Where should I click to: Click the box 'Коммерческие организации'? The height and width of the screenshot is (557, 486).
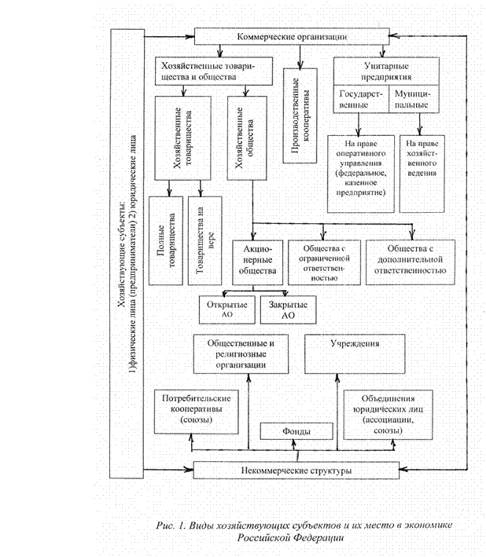click(x=293, y=37)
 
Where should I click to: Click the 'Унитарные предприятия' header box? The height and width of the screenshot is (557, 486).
click(x=386, y=72)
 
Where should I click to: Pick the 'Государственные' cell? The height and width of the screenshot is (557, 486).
click(x=359, y=99)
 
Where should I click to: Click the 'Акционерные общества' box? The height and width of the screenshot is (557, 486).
click(x=257, y=262)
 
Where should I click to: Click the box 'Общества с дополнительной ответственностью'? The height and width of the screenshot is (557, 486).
click(x=411, y=262)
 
